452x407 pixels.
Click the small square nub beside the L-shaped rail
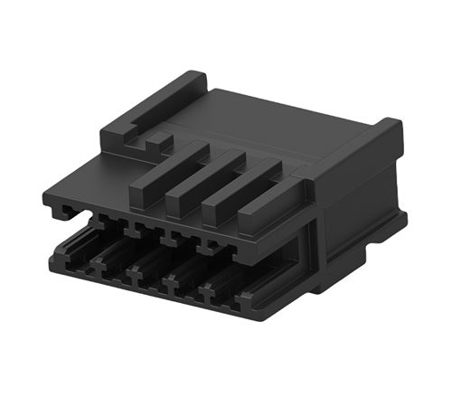[157, 139]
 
